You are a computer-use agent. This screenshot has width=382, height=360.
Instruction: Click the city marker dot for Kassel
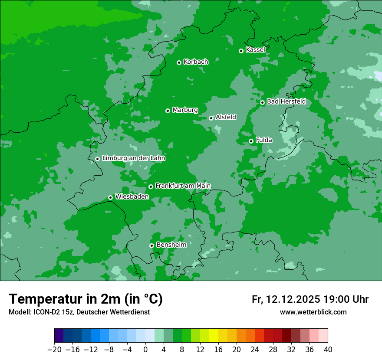click(241, 51)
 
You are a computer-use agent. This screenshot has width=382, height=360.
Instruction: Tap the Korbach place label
click(196, 62)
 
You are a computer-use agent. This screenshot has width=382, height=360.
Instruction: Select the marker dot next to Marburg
click(168, 111)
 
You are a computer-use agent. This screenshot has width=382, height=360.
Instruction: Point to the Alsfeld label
click(226, 117)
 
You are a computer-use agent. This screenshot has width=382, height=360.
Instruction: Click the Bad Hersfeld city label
click(286, 101)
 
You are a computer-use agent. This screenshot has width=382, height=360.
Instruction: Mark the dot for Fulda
click(251, 141)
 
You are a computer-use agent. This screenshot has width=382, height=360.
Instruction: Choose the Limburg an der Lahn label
click(133, 158)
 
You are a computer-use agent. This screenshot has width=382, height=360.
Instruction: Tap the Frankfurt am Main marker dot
click(151, 187)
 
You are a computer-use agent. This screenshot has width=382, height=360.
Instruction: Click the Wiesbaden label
click(132, 196)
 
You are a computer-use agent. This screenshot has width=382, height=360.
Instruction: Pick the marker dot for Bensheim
click(151, 245)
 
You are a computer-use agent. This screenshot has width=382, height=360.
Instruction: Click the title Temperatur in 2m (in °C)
click(86, 299)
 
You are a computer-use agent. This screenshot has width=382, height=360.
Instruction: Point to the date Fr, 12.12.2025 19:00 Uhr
click(310, 299)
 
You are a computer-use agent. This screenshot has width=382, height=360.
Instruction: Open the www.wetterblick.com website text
click(313, 312)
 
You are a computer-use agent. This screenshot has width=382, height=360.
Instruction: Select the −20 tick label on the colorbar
click(54, 350)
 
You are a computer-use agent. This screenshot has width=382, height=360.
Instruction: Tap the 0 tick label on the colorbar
click(145, 350)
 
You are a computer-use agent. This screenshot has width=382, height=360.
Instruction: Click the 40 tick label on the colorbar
click(328, 350)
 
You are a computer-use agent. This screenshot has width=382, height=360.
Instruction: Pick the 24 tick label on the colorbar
click(255, 350)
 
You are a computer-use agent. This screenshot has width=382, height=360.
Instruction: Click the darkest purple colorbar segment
click(59, 336)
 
